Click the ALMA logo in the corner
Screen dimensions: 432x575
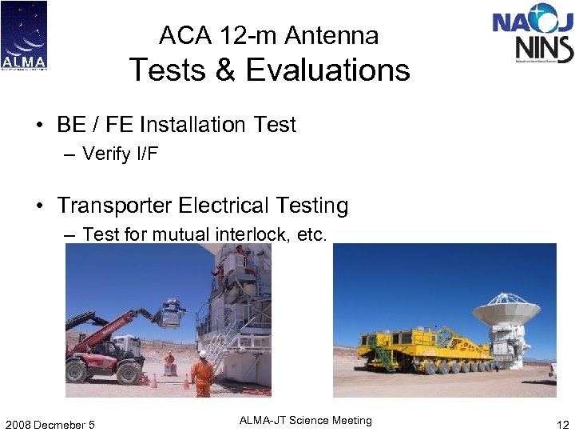(x=24, y=35)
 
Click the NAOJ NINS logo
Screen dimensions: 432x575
(x=533, y=34)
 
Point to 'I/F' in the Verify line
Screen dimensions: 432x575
(x=145, y=154)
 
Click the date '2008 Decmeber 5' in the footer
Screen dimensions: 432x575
(x=50, y=424)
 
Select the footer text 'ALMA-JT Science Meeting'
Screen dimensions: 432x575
(x=307, y=421)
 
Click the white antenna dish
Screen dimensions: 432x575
(x=506, y=309)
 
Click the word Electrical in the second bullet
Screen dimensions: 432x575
(x=221, y=206)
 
